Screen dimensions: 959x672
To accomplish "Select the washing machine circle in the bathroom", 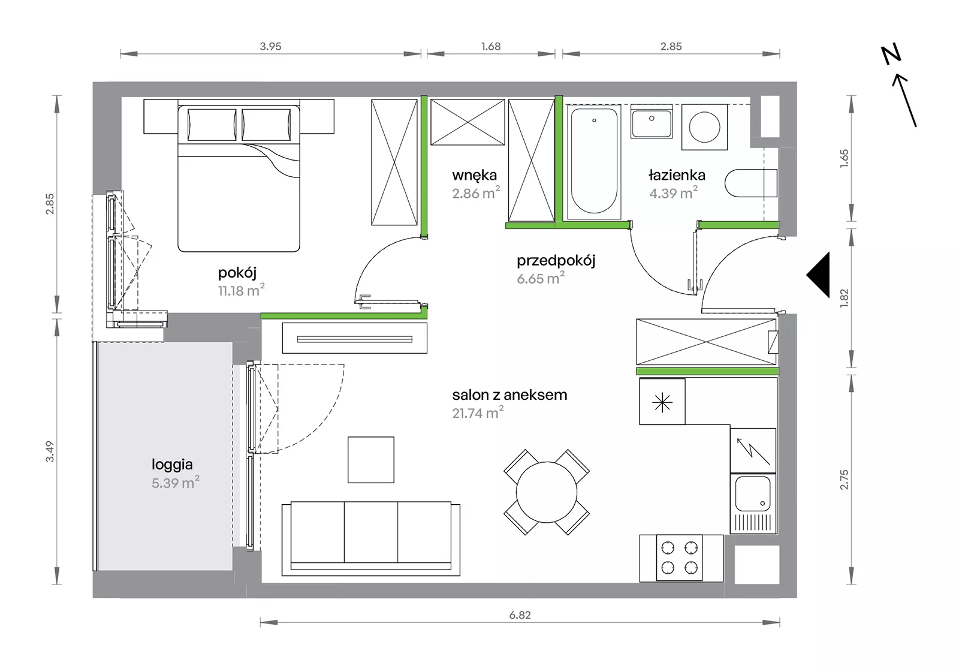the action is click(704, 126).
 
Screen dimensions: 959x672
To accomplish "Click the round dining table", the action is click(547, 492).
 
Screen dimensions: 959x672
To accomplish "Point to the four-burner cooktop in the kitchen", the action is click(680, 558).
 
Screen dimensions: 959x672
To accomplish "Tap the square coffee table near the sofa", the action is click(371, 460).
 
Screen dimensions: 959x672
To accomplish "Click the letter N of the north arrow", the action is click(891, 55).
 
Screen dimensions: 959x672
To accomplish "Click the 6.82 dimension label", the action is click(520, 615).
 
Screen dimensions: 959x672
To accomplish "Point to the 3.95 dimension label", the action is click(270, 46).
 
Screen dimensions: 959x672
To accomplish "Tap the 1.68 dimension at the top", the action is click(491, 46).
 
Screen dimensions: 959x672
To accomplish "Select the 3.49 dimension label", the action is click(50, 451).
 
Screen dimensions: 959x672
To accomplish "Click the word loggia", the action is click(172, 465).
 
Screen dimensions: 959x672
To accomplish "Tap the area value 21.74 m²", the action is click(478, 412).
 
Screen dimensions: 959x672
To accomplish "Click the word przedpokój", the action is click(556, 261).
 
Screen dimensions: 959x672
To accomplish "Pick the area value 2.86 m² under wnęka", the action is click(476, 193).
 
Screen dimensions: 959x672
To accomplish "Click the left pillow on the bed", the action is click(212, 125).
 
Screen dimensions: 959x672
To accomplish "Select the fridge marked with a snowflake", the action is click(662, 402).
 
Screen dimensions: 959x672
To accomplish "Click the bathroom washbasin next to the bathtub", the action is click(651, 122).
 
